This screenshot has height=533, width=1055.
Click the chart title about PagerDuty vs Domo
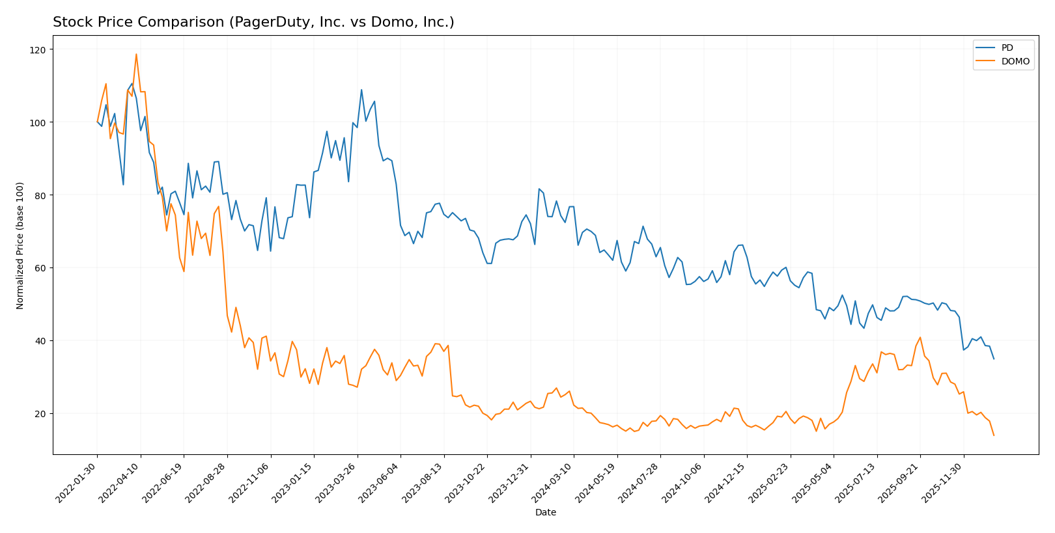[x=253, y=22]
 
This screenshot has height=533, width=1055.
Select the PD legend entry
[x=1007, y=48]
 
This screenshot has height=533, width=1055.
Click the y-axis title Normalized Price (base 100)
[x=20, y=245]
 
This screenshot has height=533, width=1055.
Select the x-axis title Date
[x=546, y=513]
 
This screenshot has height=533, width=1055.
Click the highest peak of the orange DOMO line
[x=136, y=54]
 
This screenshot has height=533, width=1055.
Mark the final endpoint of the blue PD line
[x=994, y=359]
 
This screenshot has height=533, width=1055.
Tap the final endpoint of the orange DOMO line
[x=994, y=435]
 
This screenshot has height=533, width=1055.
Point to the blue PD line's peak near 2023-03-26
[x=361, y=90]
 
